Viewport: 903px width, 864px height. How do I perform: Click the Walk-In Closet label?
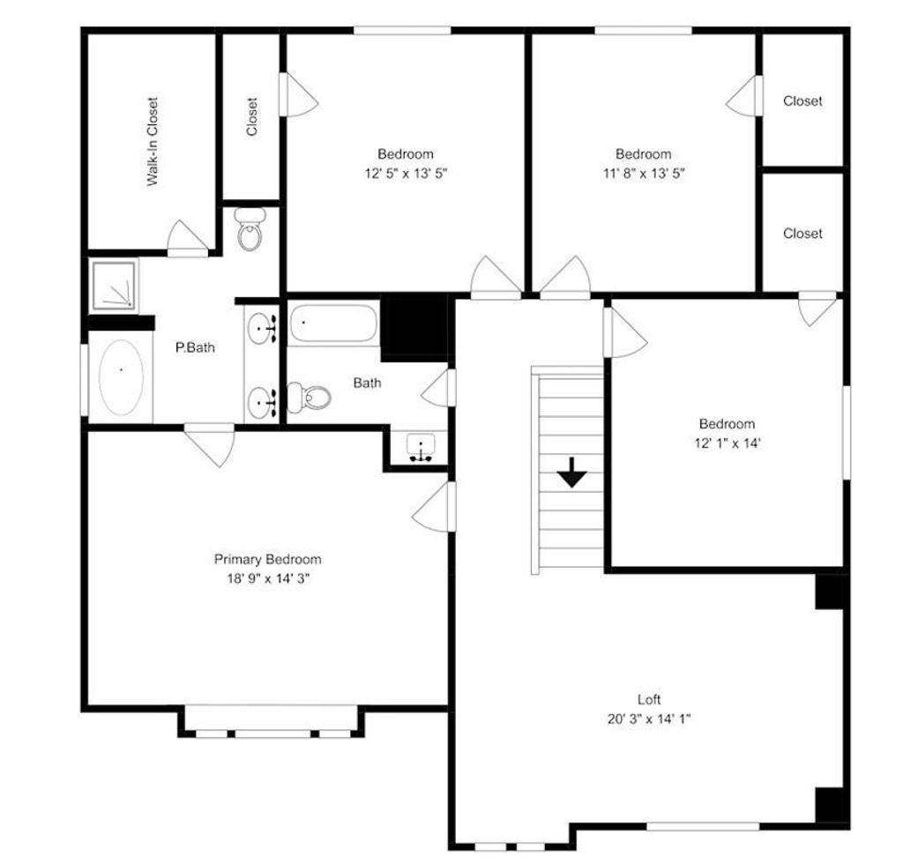tap(152, 142)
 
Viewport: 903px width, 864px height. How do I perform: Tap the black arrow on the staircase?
tap(571, 473)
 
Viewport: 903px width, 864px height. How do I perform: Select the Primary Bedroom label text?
tap(267, 560)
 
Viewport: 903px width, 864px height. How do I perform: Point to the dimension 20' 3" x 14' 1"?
tap(649, 719)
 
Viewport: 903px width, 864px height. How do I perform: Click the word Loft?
tap(649, 699)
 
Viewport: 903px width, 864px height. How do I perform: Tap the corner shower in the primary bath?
tap(113, 286)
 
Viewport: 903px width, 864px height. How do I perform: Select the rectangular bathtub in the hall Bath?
tap(333, 324)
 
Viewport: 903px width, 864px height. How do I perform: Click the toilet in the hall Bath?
tap(308, 398)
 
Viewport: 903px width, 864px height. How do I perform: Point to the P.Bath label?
tap(195, 347)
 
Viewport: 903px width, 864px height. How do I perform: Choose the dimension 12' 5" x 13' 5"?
tap(406, 174)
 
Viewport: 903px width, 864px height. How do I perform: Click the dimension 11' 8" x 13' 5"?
tap(643, 174)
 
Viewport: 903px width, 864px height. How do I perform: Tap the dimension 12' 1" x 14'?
tap(727, 443)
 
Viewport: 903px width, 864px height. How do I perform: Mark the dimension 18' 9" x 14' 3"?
tap(267, 579)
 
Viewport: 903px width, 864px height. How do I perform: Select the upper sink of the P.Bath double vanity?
tap(261, 329)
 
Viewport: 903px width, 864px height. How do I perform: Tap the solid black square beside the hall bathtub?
tap(416, 325)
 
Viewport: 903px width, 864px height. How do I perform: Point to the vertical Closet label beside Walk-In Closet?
tap(252, 116)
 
